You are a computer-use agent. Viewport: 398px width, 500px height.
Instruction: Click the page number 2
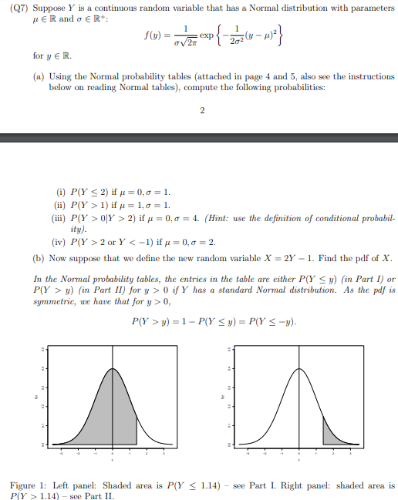[x=201, y=110]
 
